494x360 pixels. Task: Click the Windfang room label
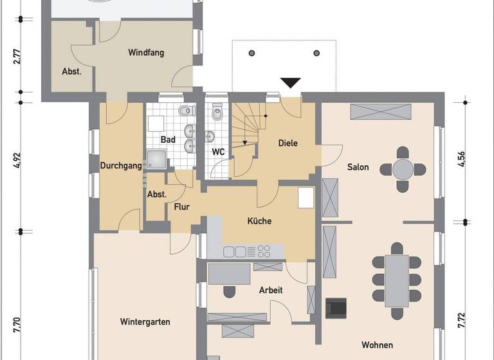pyautogui.click(x=145, y=53)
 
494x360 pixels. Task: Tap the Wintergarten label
pyautogui.click(x=145, y=321)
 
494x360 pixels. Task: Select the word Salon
pyautogui.click(x=358, y=167)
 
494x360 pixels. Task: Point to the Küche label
pyautogui.click(x=259, y=221)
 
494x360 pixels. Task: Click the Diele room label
pyautogui.click(x=288, y=143)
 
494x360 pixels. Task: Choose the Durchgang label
pyautogui.click(x=120, y=166)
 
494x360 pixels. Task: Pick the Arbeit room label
pyautogui.click(x=271, y=291)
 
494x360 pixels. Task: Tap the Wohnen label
pyautogui.click(x=377, y=345)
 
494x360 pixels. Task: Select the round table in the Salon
pyautogui.click(x=403, y=170)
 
